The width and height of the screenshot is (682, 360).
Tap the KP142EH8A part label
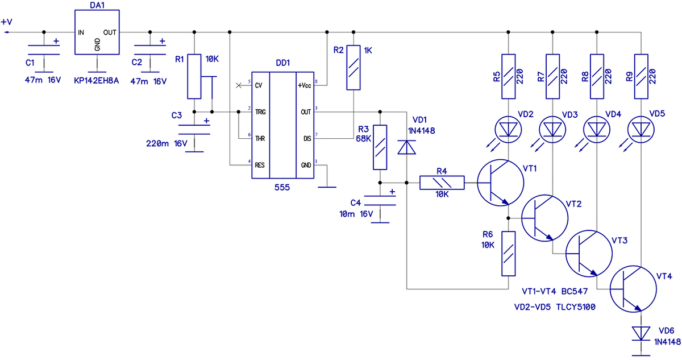[x=96, y=81]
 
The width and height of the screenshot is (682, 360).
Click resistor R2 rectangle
[x=354, y=68]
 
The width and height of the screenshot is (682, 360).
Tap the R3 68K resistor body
[x=380, y=147]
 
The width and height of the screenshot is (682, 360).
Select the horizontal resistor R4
[x=442, y=183]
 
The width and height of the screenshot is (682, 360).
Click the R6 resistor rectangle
[x=509, y=254]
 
